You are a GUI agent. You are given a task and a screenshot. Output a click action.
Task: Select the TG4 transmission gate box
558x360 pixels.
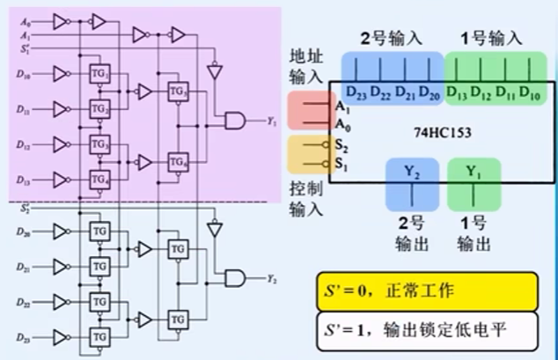click(x=98, y=179)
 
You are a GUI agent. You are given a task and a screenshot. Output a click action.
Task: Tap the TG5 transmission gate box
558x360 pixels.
click(x=179, y=92)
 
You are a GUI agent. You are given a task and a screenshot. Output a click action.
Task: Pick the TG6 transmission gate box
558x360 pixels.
click(x=179, y=162)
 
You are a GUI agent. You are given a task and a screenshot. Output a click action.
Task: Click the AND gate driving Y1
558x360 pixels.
click(x=236, y=121)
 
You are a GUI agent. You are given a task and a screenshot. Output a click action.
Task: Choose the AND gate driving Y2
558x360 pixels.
click(x=236, y=278)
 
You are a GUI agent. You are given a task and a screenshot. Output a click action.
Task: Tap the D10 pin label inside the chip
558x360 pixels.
click(x=530, y=92)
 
